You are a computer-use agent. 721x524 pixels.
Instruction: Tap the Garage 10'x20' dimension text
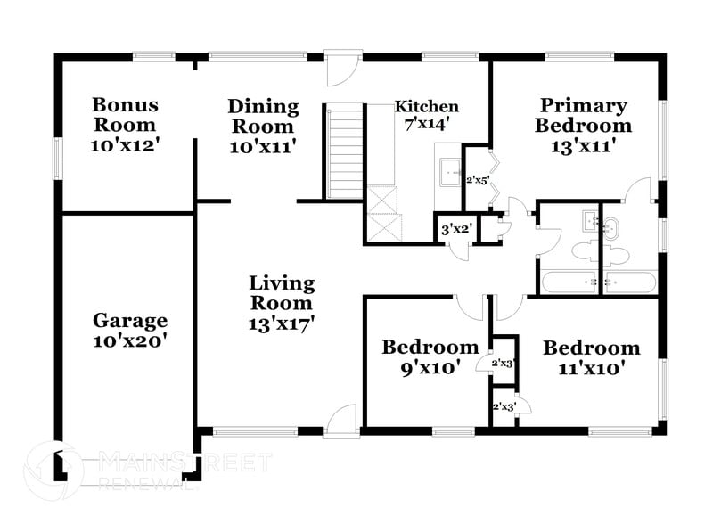click(130, 340)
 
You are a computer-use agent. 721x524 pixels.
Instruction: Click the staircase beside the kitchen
click(344, 151)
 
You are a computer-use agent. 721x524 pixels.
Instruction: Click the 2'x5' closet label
click(478, 180)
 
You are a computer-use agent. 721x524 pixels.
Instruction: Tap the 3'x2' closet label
click(456, 229)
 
